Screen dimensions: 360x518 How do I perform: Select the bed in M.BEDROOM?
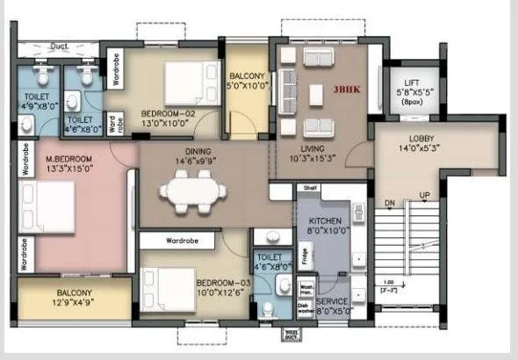tap(47, 207)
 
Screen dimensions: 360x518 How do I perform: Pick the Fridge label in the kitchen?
tap(302, 257)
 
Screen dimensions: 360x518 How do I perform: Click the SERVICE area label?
tap(333, 300)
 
